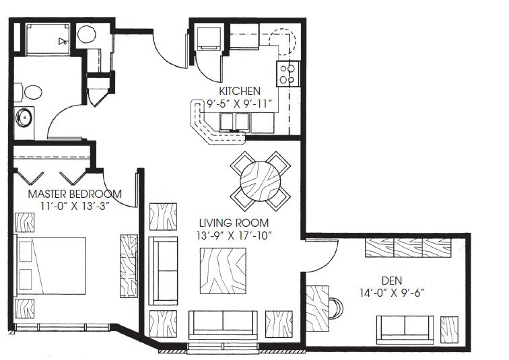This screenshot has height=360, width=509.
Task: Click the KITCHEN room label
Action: pos(239,91)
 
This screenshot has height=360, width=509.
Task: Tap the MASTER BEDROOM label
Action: pos(75,194)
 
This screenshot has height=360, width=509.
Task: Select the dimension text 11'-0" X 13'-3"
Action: pos(69,206)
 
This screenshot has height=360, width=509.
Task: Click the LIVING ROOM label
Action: pos(234,223)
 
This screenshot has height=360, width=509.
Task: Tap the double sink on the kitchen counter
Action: pos(234,121)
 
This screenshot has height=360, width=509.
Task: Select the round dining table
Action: pos(261,180)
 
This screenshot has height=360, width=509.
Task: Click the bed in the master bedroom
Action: pos(51,266)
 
